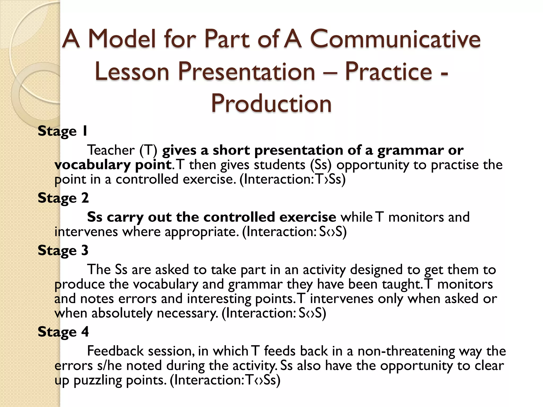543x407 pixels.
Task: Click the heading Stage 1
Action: click(x=63, y=131)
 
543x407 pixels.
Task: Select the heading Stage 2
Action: click(x=63, y=198)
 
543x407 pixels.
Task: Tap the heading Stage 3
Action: click(x=63, y=250)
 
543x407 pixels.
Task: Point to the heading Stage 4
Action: click(x=63, y=332)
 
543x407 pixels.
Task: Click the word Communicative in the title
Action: click(x=395, y=39)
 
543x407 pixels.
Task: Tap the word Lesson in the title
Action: click(x=132, y=72)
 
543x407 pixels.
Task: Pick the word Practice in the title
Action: click(x=389, y=72)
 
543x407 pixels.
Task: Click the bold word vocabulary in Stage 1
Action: click(x=92, y=165)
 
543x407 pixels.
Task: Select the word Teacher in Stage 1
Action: click(x=111, y=150)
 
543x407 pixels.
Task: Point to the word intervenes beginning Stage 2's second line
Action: click(x=86, y=232)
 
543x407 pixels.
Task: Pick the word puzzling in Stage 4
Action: click(x=98, y=380)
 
